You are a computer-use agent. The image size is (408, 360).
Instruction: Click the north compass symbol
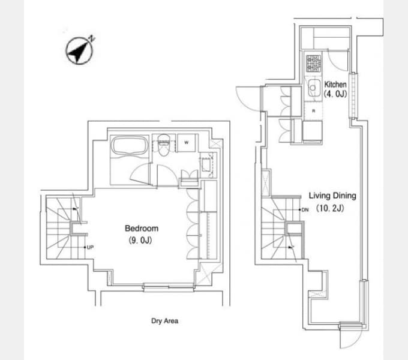tap(79, 50)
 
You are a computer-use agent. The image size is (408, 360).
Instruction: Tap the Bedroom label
tap(142, 228)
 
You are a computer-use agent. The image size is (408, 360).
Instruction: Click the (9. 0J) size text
tap(140, 240)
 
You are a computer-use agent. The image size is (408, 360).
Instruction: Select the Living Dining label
tap(332, 196)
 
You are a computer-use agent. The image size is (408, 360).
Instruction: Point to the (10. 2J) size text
tap(330, 208)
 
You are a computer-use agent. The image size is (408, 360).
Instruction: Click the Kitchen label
tap(335, 84)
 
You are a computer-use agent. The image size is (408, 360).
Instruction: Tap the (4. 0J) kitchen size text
tap(335, 94)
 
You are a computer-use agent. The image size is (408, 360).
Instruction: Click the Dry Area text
tap(165, 321)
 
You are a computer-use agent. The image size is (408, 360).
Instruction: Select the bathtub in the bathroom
tap(130, 146)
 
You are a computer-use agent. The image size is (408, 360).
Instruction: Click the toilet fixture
tap(164, 145)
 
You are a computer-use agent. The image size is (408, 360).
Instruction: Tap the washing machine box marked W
tap(187, 143)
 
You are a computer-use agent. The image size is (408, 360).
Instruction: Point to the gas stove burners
tap(313, 64)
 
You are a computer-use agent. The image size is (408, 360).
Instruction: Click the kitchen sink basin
tap(314, 88)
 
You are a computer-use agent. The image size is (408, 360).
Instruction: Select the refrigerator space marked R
tap(314, 111)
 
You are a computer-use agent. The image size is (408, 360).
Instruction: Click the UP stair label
tap(90, 247)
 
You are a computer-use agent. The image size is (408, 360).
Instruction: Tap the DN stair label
tap(305, 209)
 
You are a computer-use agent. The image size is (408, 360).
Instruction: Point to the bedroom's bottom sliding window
tap(169, 287)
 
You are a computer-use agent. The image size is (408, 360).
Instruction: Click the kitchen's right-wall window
tap(353, 95)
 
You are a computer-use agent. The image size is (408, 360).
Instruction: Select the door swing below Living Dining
tap(351, 335)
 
